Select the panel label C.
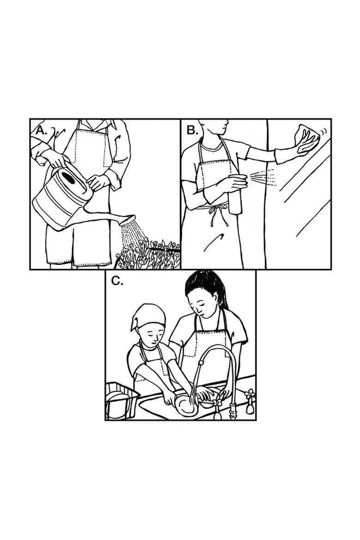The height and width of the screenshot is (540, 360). (117, 281)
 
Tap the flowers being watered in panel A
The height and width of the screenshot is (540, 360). (148, 255)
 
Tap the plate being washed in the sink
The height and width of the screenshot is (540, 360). (186, 405)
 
